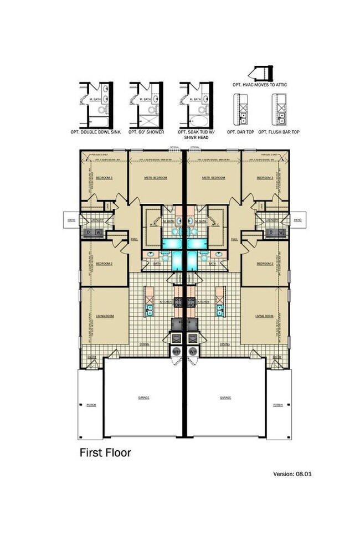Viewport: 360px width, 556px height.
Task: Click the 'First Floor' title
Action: [105, 452]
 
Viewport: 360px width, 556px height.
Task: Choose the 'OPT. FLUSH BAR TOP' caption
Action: [280, 132]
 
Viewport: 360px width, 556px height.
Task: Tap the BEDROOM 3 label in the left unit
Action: [104, 178]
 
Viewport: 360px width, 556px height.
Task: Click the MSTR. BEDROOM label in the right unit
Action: [214, 178]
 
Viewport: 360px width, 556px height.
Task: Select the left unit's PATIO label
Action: [71, 220]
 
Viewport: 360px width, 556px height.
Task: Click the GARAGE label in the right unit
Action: [225, 398]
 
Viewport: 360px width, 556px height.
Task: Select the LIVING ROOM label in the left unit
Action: [105, 316]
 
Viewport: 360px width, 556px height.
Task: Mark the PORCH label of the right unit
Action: [278, 405]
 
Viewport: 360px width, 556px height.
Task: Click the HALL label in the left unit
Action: [133, 239]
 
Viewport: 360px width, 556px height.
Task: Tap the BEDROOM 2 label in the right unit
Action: [264, 264]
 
